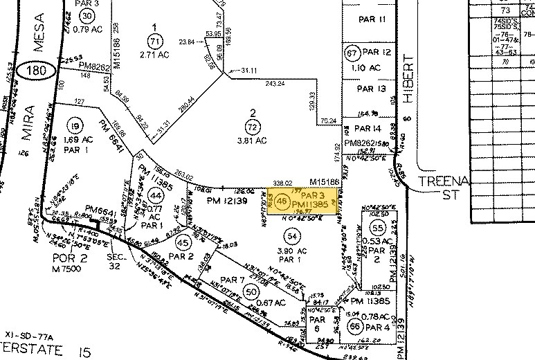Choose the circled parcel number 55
377,228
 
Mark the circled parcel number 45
183,243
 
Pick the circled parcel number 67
352,53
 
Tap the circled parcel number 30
86,16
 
